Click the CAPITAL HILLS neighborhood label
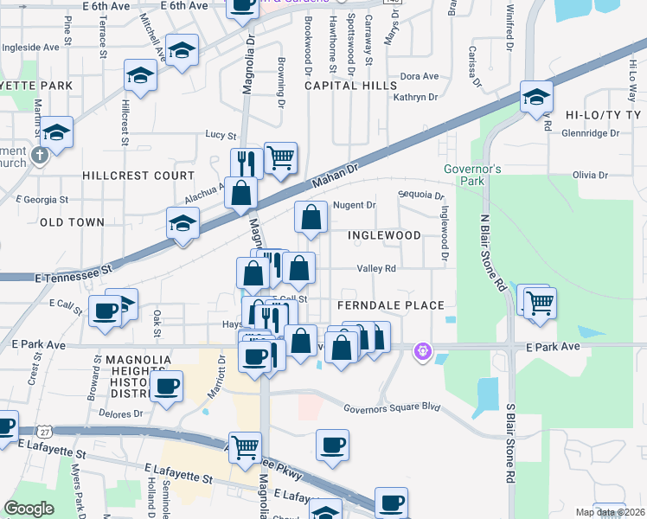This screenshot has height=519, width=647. (350, 86)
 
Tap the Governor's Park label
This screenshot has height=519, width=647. (472, 175)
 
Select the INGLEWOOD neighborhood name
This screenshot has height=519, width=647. (384, 235)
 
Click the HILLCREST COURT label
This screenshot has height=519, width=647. (138, 175)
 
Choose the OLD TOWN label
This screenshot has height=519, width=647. (72, 222)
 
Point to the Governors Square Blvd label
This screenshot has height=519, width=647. (392, 408)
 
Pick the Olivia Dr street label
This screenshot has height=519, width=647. (590, 175)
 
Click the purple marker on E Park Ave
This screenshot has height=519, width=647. (422, 351)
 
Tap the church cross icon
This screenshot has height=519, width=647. (39, 156)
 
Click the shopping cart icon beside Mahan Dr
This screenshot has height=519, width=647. (280, 157)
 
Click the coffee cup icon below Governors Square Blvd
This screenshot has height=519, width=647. (332, 445)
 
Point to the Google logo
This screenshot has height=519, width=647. (29, 508)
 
